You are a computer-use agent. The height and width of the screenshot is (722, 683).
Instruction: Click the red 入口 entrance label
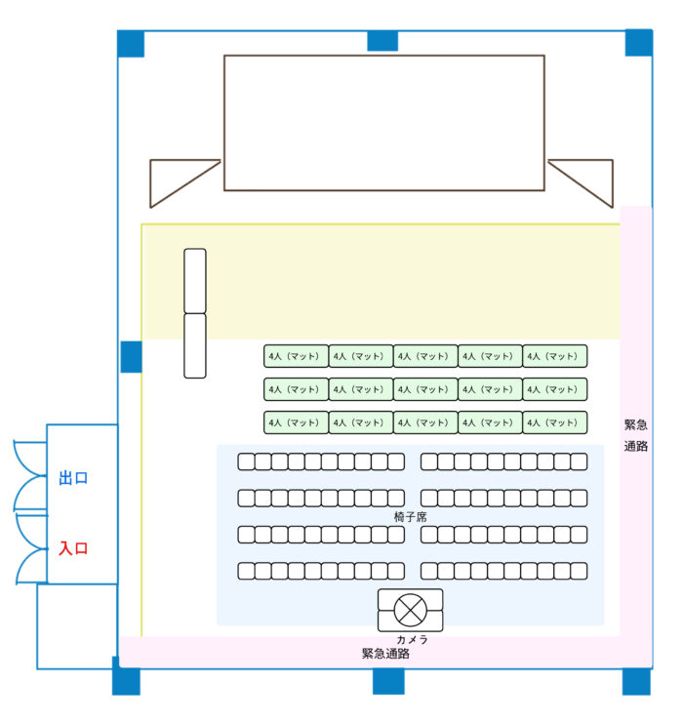pos(73,548)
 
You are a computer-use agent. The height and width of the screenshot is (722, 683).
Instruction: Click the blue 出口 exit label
pos(73,478)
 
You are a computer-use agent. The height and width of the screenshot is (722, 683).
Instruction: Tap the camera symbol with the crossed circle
pos(410,611)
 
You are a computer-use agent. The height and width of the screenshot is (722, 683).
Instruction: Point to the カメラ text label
pos(413,639)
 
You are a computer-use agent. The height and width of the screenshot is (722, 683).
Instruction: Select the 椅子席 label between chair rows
pos(410,516)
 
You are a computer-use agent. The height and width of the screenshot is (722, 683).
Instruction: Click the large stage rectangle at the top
pos(383,122)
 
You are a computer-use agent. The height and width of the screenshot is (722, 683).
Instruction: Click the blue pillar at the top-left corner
pos(131,44)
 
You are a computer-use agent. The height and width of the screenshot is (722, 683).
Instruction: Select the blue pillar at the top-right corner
pos(638,43)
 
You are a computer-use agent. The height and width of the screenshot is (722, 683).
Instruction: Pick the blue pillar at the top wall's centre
pos(382,41)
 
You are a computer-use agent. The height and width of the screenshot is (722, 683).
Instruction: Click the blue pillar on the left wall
pos(132,357)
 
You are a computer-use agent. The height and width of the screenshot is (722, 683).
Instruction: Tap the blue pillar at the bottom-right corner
pos(636,681)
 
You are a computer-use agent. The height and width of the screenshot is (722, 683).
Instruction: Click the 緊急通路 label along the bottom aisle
pos(385,654)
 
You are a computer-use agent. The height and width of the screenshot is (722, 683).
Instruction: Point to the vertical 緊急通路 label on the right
pos(636,436)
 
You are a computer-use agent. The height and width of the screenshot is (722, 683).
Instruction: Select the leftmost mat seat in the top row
pos(296,356)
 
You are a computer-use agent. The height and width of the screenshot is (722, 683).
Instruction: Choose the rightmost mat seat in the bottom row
pos(555,422)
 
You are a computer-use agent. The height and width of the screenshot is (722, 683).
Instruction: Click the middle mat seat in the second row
pos(425,389)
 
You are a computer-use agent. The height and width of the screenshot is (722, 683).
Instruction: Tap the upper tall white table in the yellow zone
pos(195,281)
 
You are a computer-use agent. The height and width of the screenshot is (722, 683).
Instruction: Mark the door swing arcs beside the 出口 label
pos(29,476)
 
